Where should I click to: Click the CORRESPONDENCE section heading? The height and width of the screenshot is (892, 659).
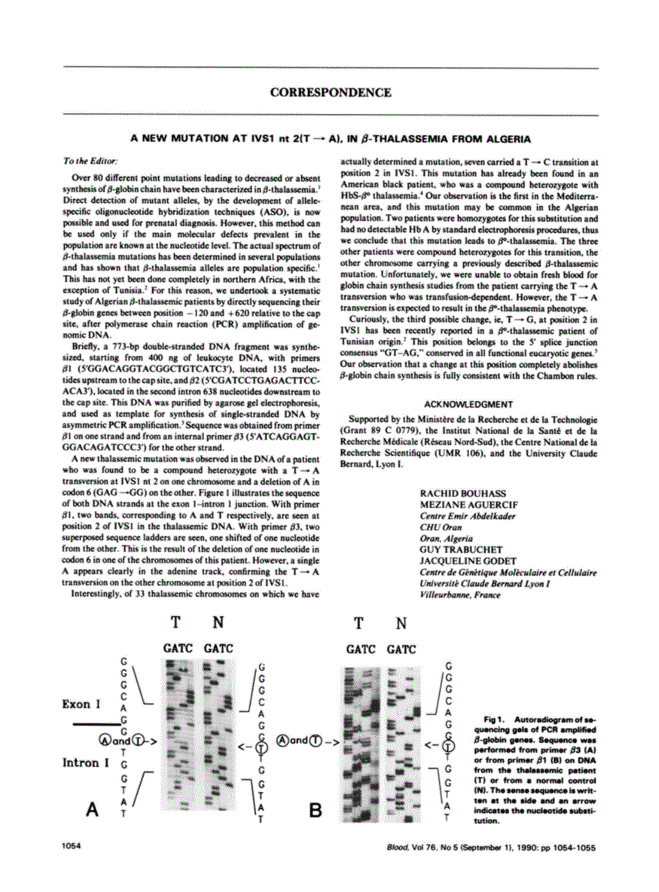pyautogui.click(x=331, y=93)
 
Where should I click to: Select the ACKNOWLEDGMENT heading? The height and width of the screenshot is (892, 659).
pyautogui.click(x=468, y=405)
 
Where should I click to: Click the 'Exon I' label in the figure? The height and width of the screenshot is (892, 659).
pyautogui.click(x=81, y=704)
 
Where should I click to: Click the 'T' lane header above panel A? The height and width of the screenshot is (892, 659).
pyautogui.click(x=175, y=622)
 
